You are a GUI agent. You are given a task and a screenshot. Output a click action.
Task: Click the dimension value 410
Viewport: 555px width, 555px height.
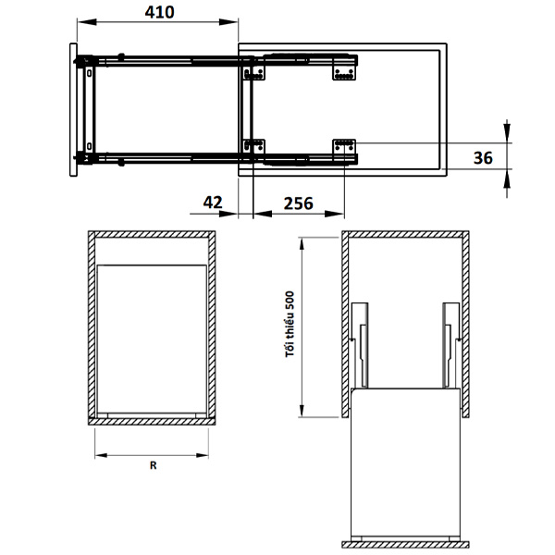159,12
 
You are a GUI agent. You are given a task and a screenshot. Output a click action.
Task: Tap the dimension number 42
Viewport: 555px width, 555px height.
213,203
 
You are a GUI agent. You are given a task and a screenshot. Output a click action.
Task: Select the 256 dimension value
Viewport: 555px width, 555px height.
299,203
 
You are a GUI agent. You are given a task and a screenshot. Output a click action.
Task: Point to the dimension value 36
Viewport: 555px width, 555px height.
483,157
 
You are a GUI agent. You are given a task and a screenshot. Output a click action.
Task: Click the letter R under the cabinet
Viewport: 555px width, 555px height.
153,465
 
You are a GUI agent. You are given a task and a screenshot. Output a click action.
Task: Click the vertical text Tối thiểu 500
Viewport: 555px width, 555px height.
290,325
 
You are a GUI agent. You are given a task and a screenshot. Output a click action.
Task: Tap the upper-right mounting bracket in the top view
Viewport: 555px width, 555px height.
344,73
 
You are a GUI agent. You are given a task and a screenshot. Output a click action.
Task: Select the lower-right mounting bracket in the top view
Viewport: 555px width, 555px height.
344,146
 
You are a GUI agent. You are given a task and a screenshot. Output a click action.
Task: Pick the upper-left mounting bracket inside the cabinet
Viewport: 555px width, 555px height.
253,73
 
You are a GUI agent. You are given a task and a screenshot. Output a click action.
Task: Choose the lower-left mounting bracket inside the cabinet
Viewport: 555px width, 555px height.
253,146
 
